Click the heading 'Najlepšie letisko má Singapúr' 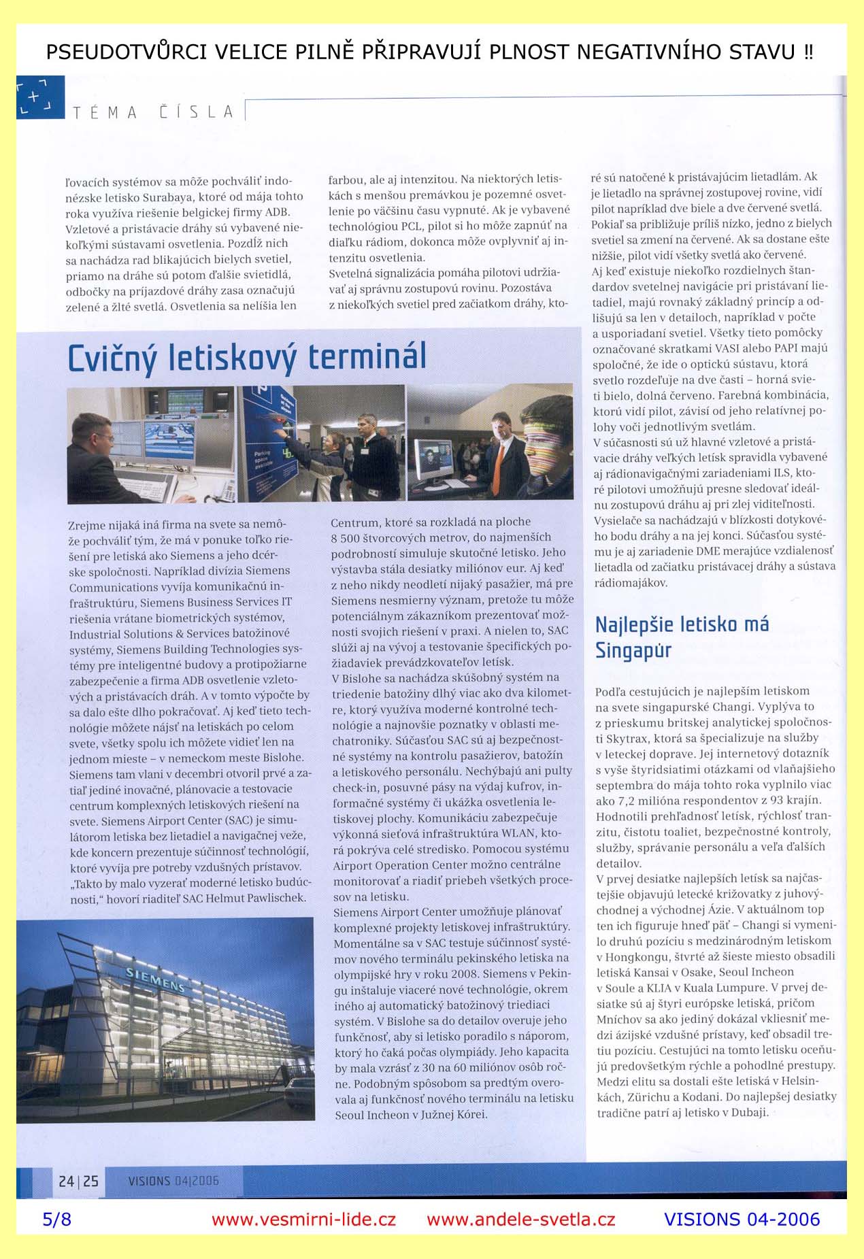click(x=681, y=637)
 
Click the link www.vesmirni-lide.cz click(x=303, y=1220)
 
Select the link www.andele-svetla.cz click(x=520, y=1220)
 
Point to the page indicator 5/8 click(x=56, y=1220)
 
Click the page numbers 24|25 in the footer click(x=78, y=1181)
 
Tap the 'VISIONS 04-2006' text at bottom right click(x=742, y=1220)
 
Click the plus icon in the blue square click(x=34, y=97)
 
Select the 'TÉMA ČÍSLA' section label click(x=152, y=112)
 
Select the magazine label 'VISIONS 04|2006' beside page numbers click(x=173, y=1181)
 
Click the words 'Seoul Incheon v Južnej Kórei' click(x=411, y=1115)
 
